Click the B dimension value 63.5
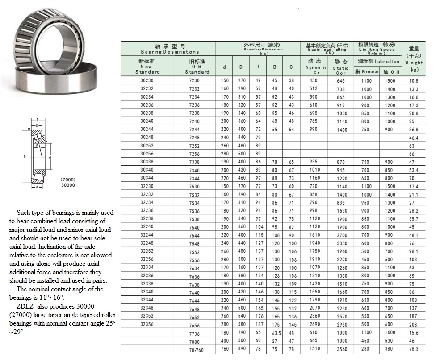[x=274, y=333]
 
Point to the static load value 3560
[x=341, y=349]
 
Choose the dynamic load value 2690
[x=315, y=324]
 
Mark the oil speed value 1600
[x=390, y=333]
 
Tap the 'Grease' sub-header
[x=367, y=71]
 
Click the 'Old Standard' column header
[x=197, y=67]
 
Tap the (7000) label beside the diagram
[x=68, y=180]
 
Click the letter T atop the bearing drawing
[x=38, y=120]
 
